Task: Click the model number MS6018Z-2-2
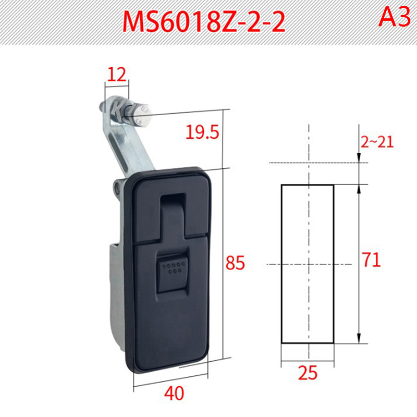204,22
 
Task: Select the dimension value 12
116,75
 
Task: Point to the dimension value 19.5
202,132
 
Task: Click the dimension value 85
235,263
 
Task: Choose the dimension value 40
174,394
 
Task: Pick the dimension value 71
372,260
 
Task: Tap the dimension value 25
308,373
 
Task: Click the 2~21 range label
377,142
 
